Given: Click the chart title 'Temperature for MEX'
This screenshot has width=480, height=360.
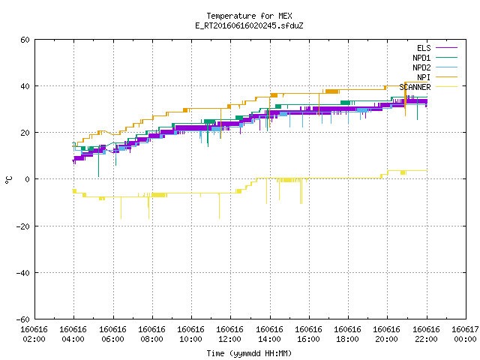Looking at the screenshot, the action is (249, 16).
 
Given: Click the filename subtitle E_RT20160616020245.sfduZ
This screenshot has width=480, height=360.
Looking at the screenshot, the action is (249, 25).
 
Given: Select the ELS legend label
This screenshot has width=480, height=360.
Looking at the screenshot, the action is (424, 48).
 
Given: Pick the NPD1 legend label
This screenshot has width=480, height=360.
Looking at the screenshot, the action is (421, 58).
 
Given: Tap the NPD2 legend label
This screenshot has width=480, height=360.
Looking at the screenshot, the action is (421, 67).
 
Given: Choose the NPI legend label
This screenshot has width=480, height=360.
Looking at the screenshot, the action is (424, 77).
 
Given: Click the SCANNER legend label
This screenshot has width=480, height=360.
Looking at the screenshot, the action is (415, 87).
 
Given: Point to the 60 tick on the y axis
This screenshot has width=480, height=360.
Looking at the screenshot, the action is (25, 40).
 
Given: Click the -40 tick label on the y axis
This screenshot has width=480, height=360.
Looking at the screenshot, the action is (23, 273).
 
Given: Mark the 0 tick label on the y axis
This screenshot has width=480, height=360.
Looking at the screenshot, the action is (27, 179).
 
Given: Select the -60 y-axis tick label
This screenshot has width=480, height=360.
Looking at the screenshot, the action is (23, 319).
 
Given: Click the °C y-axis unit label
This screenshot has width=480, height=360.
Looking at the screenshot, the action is (8, 180).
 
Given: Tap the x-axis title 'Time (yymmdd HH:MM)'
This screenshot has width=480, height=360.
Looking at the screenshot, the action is (249, 353).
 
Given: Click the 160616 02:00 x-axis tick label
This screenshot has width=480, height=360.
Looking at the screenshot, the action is (34, 334).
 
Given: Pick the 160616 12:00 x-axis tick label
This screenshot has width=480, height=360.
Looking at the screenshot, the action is (229, 334).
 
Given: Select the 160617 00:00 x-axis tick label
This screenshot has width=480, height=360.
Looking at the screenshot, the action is (465, 334).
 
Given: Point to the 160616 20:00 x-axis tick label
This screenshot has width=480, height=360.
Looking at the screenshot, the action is (386, 334).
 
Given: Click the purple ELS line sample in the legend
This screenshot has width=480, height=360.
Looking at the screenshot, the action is (447, 48).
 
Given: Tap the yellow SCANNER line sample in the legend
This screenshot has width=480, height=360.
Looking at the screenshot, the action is (447, 87).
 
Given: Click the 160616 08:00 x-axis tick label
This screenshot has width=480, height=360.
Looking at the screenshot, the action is (151, 334).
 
